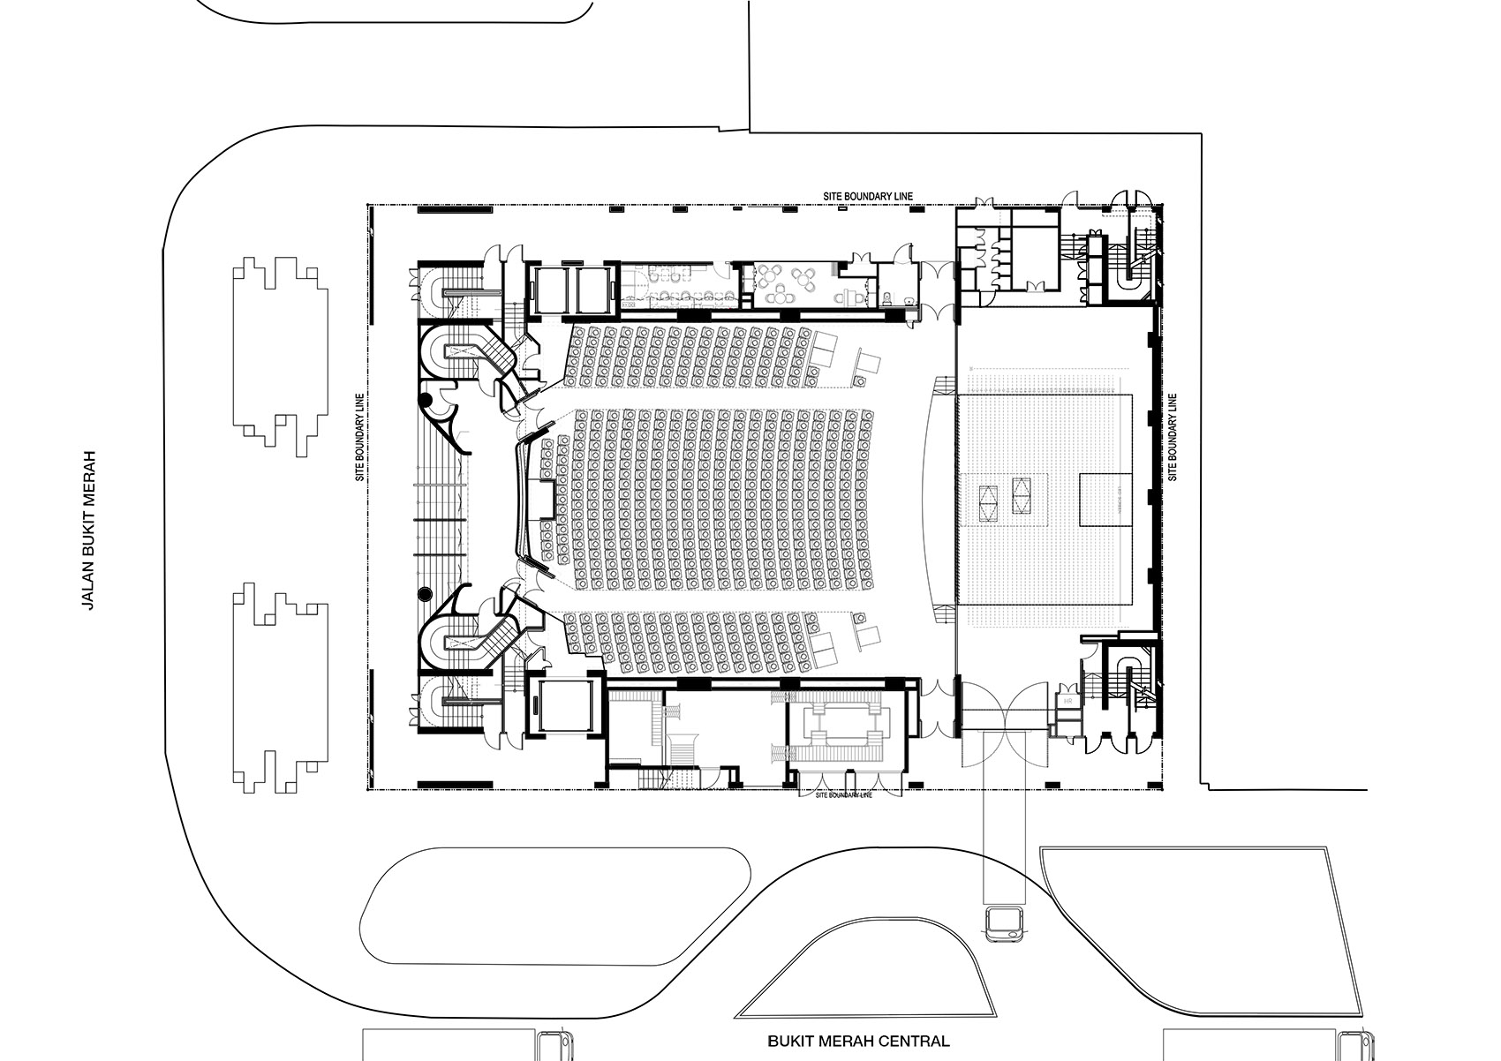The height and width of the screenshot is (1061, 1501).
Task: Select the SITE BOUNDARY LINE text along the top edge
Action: coord(865,196)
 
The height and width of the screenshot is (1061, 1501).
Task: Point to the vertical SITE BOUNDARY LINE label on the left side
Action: coord(360,437)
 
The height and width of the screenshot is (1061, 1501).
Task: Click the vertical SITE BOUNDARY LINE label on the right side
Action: coord(1173,437)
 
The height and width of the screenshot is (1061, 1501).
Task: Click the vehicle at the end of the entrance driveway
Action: coord(1005,923)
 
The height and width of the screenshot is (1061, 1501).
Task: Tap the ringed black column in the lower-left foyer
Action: coord(426,594)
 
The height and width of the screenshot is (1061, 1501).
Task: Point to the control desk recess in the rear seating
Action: coord(540,500)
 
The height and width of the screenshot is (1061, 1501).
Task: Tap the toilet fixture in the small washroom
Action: coord(908,301)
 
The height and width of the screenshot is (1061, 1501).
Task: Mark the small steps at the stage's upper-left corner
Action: coord(944,385)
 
